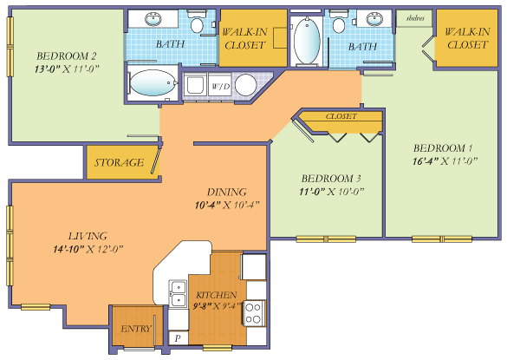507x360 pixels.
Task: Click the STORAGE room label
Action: (119, 162)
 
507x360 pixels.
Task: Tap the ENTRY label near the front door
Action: (136, 329)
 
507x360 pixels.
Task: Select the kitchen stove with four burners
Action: (254, 312)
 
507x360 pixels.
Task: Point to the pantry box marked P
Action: (179, 337)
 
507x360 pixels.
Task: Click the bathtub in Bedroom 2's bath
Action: (154, 85)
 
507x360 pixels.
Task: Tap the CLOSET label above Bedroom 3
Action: (341, 115)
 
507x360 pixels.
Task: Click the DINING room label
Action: (226, 192)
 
